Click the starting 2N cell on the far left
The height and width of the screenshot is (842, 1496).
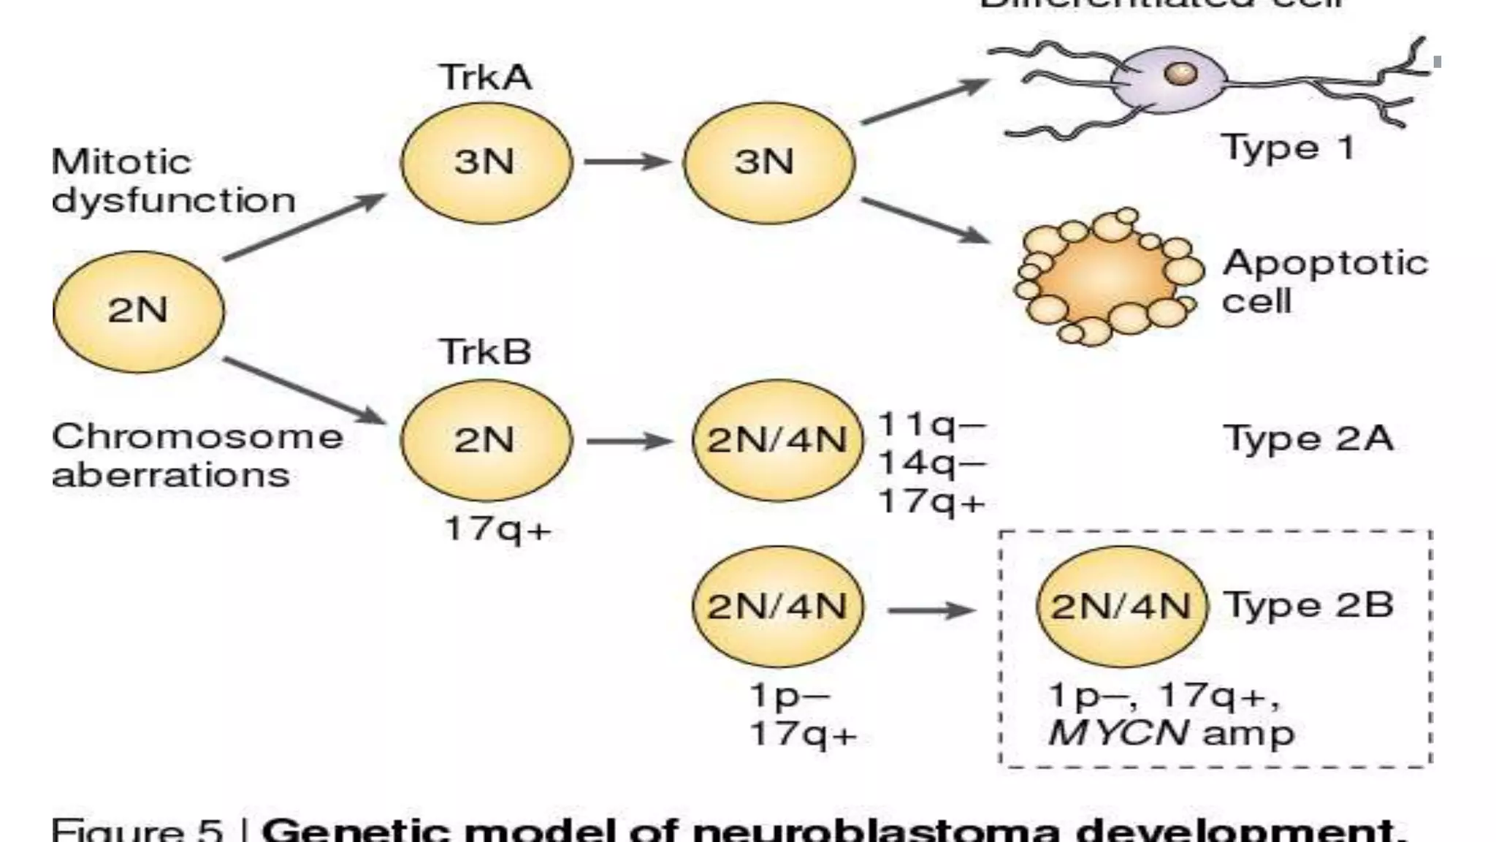point(139,311)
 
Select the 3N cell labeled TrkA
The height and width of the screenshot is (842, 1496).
point(486,162)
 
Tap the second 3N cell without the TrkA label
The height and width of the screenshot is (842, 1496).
point(768,162)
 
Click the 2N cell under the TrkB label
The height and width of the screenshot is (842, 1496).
point(486,441)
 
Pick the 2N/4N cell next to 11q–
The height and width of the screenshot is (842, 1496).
point(777,441)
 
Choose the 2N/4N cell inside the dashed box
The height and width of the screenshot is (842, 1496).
point(1121,607)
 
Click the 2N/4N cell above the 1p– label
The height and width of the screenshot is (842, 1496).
point(777,607)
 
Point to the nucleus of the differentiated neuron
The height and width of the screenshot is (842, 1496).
point(1180,73)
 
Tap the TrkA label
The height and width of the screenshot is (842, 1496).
point(485,77)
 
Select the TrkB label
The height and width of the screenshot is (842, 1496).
point(485,352)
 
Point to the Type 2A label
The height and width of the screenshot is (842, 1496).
point(1308,439)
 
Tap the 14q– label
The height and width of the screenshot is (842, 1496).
point(932,463)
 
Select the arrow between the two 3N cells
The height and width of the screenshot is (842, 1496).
point(627,162)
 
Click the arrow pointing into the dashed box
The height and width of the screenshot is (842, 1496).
point(931,610)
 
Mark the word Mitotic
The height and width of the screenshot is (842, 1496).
point(121,162)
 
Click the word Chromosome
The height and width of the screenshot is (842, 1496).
point(197,437)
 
